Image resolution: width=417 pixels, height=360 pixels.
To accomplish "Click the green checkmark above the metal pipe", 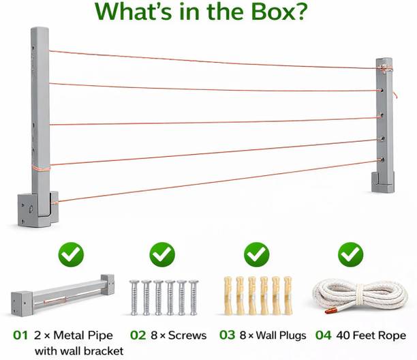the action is click(x=71, y=254).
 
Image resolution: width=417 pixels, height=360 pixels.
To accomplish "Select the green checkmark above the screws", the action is click(x=162, y=254).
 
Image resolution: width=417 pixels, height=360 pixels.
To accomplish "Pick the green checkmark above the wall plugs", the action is click(x=257, y=254).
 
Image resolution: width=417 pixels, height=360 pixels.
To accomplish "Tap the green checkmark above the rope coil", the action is click(x=351, y=254).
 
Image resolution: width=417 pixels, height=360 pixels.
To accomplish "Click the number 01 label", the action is click(x=20, y=335).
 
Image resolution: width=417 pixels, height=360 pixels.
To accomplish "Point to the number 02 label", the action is click(x=138, y=335).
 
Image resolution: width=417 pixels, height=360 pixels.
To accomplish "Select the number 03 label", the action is click(x=228, y=335).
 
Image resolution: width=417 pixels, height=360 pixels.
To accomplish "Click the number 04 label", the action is click(x=324, y=335).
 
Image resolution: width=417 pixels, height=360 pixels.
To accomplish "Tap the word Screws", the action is click(x=187, y=335).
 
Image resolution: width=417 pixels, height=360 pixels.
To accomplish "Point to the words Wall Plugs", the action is click(x=281, y=335).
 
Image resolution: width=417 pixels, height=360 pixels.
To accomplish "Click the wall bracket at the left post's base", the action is click(x=37, y=209).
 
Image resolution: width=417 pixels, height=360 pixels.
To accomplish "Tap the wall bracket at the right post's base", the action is click(x=383, y=182).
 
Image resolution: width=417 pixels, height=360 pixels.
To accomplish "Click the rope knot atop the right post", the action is click(x=384, y=69).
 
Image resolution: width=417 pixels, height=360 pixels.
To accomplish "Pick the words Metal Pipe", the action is click(x=83, y=335).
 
